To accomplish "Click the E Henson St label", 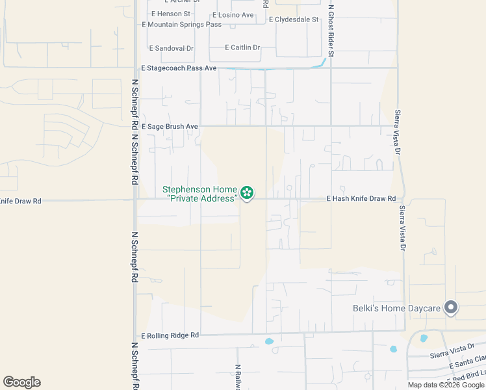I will (170, 14).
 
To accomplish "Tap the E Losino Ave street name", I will (233, 14).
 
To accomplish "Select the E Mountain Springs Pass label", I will (182, 25).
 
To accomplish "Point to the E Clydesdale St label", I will (294, 19).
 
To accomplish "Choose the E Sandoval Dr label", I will (172, 48).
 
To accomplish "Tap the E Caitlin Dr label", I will (242, 47).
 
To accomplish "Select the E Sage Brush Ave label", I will (169, 126).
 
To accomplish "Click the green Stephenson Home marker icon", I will (246, 192).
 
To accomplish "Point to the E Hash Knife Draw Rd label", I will (361, 198).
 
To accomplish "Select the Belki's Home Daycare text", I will (396, 309).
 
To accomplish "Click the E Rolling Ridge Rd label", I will (170, 335).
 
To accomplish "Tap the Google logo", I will (21, 382).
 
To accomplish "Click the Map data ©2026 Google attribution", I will (446, 385).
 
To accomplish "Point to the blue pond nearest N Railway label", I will (270, 341).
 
